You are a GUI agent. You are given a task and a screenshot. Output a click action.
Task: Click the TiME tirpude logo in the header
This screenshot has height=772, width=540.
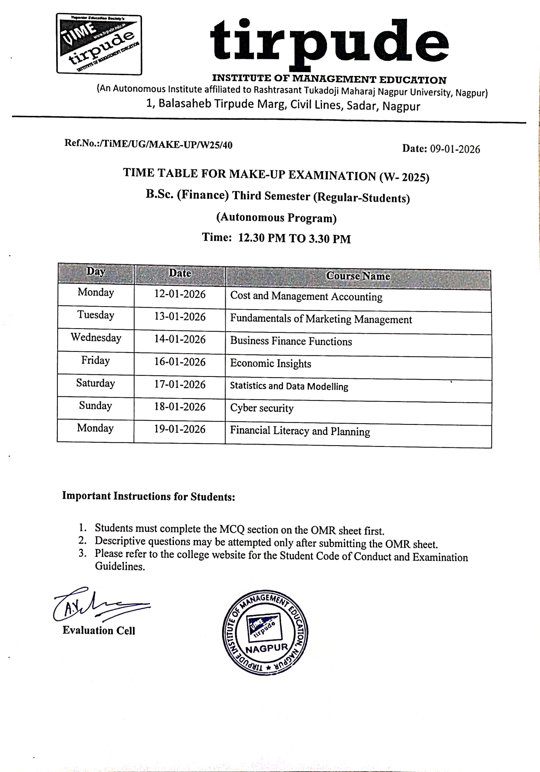click(99, 44)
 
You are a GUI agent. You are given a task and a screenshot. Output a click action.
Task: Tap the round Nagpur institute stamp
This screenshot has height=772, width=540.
click(265, 632)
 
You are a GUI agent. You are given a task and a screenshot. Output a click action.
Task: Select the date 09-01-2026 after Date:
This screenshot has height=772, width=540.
click(455, 149)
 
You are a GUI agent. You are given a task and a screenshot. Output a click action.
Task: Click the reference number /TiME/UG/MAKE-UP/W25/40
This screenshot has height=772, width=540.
click(167, 144)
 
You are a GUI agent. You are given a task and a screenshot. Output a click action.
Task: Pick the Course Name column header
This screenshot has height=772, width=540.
click(358, 276)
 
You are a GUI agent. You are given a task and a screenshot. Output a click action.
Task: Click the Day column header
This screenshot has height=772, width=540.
click(96, 271)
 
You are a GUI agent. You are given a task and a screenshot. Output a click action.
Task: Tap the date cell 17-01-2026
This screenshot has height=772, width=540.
click(180, 384)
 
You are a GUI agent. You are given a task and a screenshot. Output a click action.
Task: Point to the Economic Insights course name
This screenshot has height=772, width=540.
click(270, 363)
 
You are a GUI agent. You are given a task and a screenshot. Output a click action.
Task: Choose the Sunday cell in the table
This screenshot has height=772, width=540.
click(96, 406)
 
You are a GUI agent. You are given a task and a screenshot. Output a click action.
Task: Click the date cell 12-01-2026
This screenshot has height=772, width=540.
click(180, 294)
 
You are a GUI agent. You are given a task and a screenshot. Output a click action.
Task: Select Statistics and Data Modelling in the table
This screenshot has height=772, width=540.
click(289, 386)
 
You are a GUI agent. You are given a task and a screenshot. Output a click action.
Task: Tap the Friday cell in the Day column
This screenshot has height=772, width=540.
click(96, 360)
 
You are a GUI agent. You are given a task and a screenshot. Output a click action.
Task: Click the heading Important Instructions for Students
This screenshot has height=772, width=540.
click(148, 496)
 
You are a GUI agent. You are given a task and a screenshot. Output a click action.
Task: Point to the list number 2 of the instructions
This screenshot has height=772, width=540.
click(82, 540)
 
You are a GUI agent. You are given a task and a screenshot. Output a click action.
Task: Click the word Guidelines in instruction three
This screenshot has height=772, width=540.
click(120, 567)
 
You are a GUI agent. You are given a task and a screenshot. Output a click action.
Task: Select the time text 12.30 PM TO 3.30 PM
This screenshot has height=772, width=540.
click(294, 239)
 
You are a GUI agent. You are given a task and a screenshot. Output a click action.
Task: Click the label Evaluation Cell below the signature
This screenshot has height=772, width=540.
click(99, 631)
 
